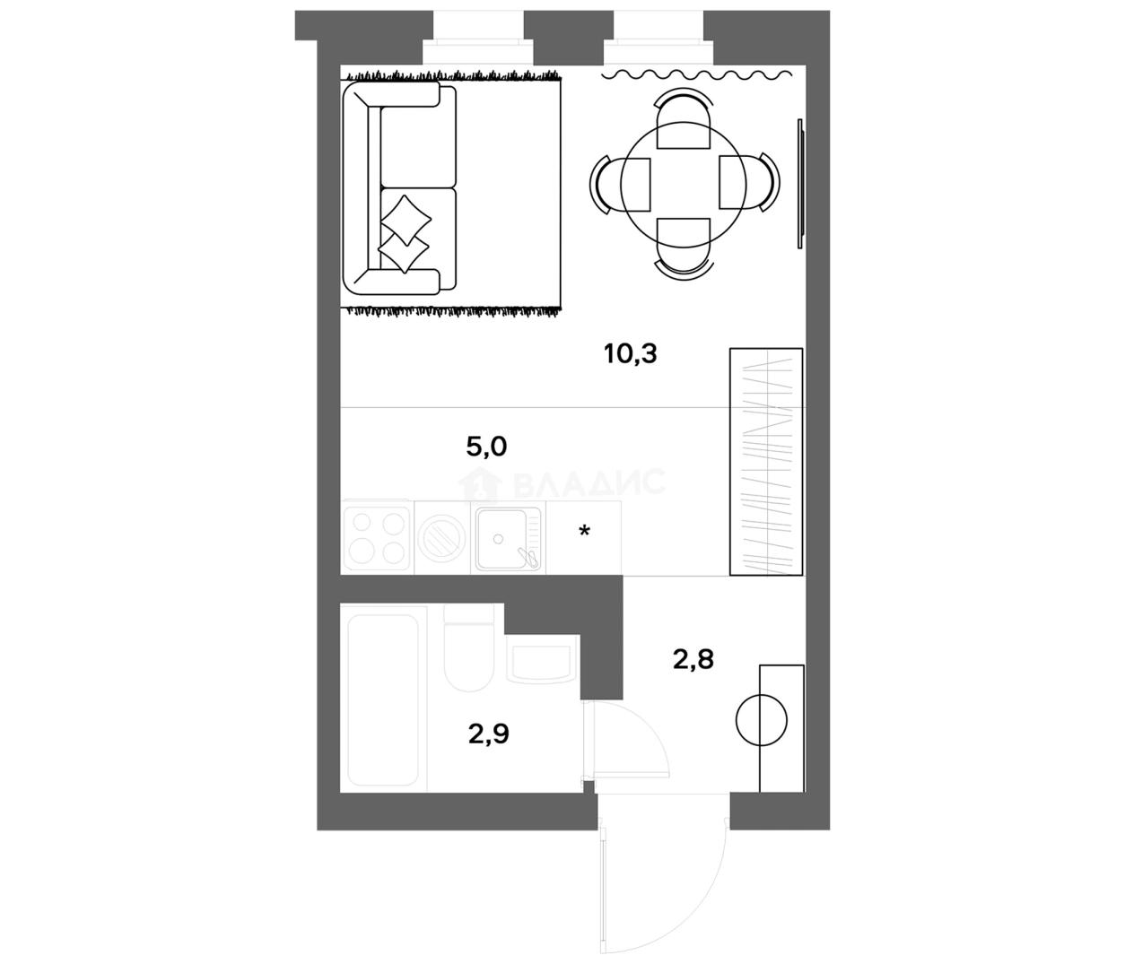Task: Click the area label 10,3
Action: pyautogui.click(x=631, y=354)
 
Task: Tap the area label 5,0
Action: pyautogui.click(x=486, y=447)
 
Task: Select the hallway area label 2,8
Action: pyautogui.click(x=693, y=660)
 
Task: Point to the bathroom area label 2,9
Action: pyautogui.click(x=489, y=734)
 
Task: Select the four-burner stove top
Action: pyautogui.click(x=376, y=538)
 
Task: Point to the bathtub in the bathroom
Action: pyautogui.click(x=383, y=700)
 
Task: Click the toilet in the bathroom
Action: pyautogui.click(x=468, y=648)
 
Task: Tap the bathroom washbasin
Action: pyautogui.click(x=541, y=658)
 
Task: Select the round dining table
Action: pyautogui.click(x=684, y=185)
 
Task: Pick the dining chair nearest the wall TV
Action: pyautogui.click(x=749, y=182)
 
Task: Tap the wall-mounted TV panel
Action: pyautogui.click(x=800, y=184)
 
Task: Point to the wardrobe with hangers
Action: pyautogui.click(x=766, y=461)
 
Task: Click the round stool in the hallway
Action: pyautogui.click(x=762, y=720)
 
